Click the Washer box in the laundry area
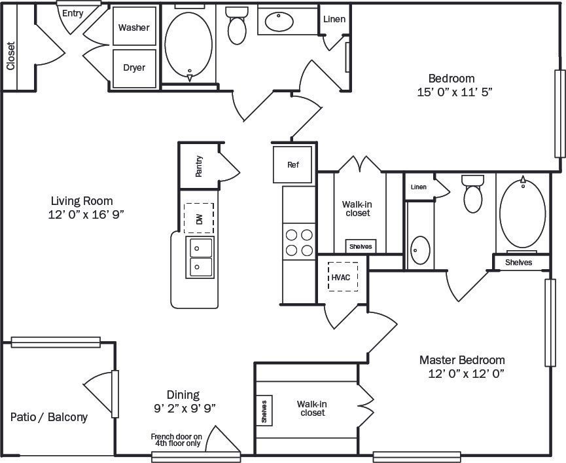[x=134, y=27]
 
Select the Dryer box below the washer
[x=134, y=67]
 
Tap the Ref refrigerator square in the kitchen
[x=292, y=164]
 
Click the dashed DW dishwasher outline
[x=199, y=218]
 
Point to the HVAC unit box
[x=341, y=277]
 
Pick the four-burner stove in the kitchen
[x=299, y=242]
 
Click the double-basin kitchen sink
[x=201, y=257]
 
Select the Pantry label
[x=199, y=166]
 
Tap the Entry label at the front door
[x=73, y=12]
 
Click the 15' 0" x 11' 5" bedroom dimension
[x=455, y=92]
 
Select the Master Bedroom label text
[x=462, y=360]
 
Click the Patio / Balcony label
[x=49, y=417]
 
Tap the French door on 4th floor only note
[x=176, y=439]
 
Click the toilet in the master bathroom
[x=471, y=194]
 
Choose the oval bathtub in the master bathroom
[x=522, y=212]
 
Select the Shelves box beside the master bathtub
[x=518, y=262]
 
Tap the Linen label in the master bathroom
[x=418, y=187]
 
